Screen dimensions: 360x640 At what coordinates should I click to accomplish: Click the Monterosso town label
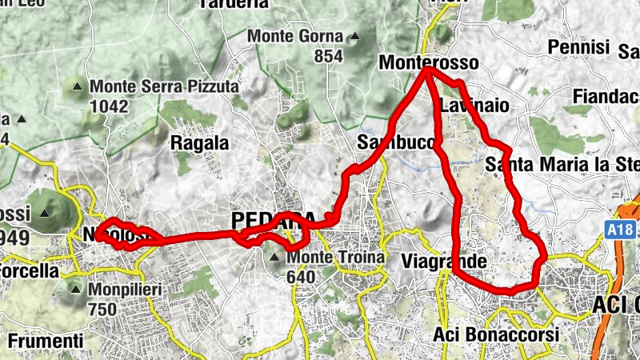pyautogui.click(x=429, y=62)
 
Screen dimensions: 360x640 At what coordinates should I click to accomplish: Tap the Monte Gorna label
pyautogui.click(x=295, y=37)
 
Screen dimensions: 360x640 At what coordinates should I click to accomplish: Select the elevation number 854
pyautogui.click(x=328, y=55)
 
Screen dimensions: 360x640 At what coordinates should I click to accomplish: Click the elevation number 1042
pyautogui.click(x=109, y=104)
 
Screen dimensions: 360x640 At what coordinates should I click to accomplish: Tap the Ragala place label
pyautogui.click(x=200, y=144)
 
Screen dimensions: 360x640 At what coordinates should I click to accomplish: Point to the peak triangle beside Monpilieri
pyautogui.click(x=77, y=290)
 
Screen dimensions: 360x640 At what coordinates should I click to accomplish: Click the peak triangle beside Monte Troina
pyautogui.click(x=275, y=258)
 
